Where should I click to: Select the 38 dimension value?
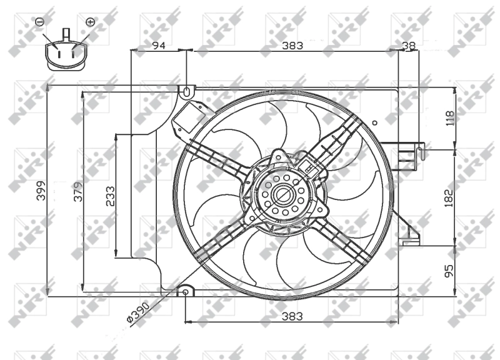pyautogui.click(x=409, y=45)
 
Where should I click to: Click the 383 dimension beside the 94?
pyautogui.click(x=292, y=45)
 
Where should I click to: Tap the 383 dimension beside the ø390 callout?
pyautogui.click(x=292, y=316)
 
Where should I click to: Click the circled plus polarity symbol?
pyautogui.click(x=90, y=22)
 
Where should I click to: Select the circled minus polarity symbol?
pyautogui.click(x=39, y=22)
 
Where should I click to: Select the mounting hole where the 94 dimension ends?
pyautogui.click(x=186, y=92)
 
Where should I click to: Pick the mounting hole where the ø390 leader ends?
pyautogui.click(x=186, y=292)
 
